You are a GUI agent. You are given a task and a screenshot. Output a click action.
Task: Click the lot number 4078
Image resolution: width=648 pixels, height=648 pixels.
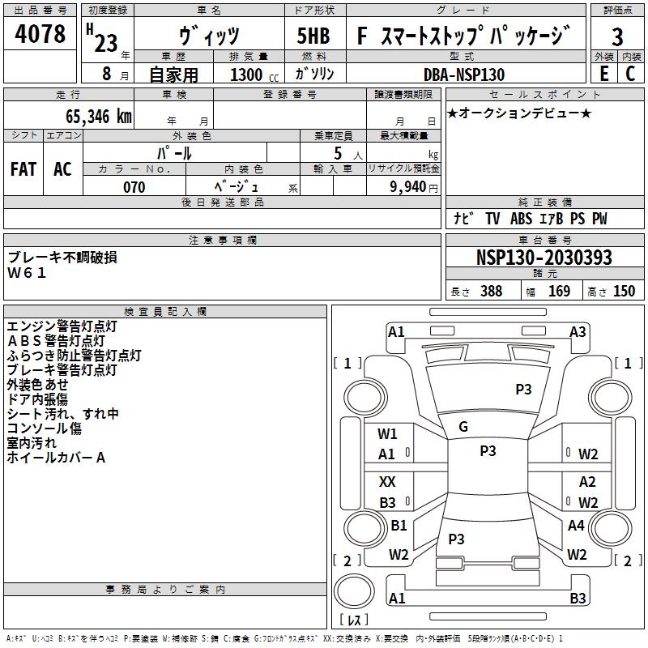point(40,34)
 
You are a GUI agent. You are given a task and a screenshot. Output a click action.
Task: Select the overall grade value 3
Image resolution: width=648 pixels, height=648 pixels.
point(617,36)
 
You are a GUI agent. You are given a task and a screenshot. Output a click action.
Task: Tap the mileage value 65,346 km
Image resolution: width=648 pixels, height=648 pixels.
point(99,117)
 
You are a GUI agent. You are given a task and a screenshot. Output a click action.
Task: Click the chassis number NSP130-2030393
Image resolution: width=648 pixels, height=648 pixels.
point(544,258)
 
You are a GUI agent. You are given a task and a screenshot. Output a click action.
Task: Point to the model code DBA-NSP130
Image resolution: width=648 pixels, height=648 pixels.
point(464,75)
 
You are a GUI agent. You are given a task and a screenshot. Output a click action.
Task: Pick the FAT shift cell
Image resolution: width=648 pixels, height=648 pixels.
point(23,169)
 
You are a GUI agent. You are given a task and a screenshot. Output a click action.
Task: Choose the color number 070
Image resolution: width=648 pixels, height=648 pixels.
point(134,187)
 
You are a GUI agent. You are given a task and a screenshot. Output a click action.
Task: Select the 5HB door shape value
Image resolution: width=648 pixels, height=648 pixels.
point(313,36)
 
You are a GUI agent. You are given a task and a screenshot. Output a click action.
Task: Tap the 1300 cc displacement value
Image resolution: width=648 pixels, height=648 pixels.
point(254,75)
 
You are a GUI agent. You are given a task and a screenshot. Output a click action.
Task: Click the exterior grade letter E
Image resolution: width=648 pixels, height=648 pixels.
point(603,74)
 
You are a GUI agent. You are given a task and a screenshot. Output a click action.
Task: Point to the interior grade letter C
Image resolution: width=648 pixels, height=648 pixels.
point(630,74)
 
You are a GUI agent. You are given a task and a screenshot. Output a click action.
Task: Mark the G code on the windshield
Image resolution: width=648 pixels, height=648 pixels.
point(463,427)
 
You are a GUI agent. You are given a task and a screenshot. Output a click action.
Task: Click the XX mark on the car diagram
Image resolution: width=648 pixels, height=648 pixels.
point(387,481)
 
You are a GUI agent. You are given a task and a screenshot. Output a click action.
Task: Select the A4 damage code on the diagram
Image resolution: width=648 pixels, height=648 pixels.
point(576,525)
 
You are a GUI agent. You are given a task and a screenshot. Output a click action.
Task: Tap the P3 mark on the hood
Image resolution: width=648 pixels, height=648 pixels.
point(523,389)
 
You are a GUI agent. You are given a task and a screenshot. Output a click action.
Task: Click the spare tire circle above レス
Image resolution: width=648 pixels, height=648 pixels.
point(354,590)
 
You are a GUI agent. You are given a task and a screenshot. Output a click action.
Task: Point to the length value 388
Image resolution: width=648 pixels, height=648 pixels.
point(491,291)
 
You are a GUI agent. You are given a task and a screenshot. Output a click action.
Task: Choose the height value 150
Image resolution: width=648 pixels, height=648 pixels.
point(624,291)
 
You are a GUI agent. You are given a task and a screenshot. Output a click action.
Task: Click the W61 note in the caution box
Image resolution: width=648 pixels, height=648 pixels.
point(27,273)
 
